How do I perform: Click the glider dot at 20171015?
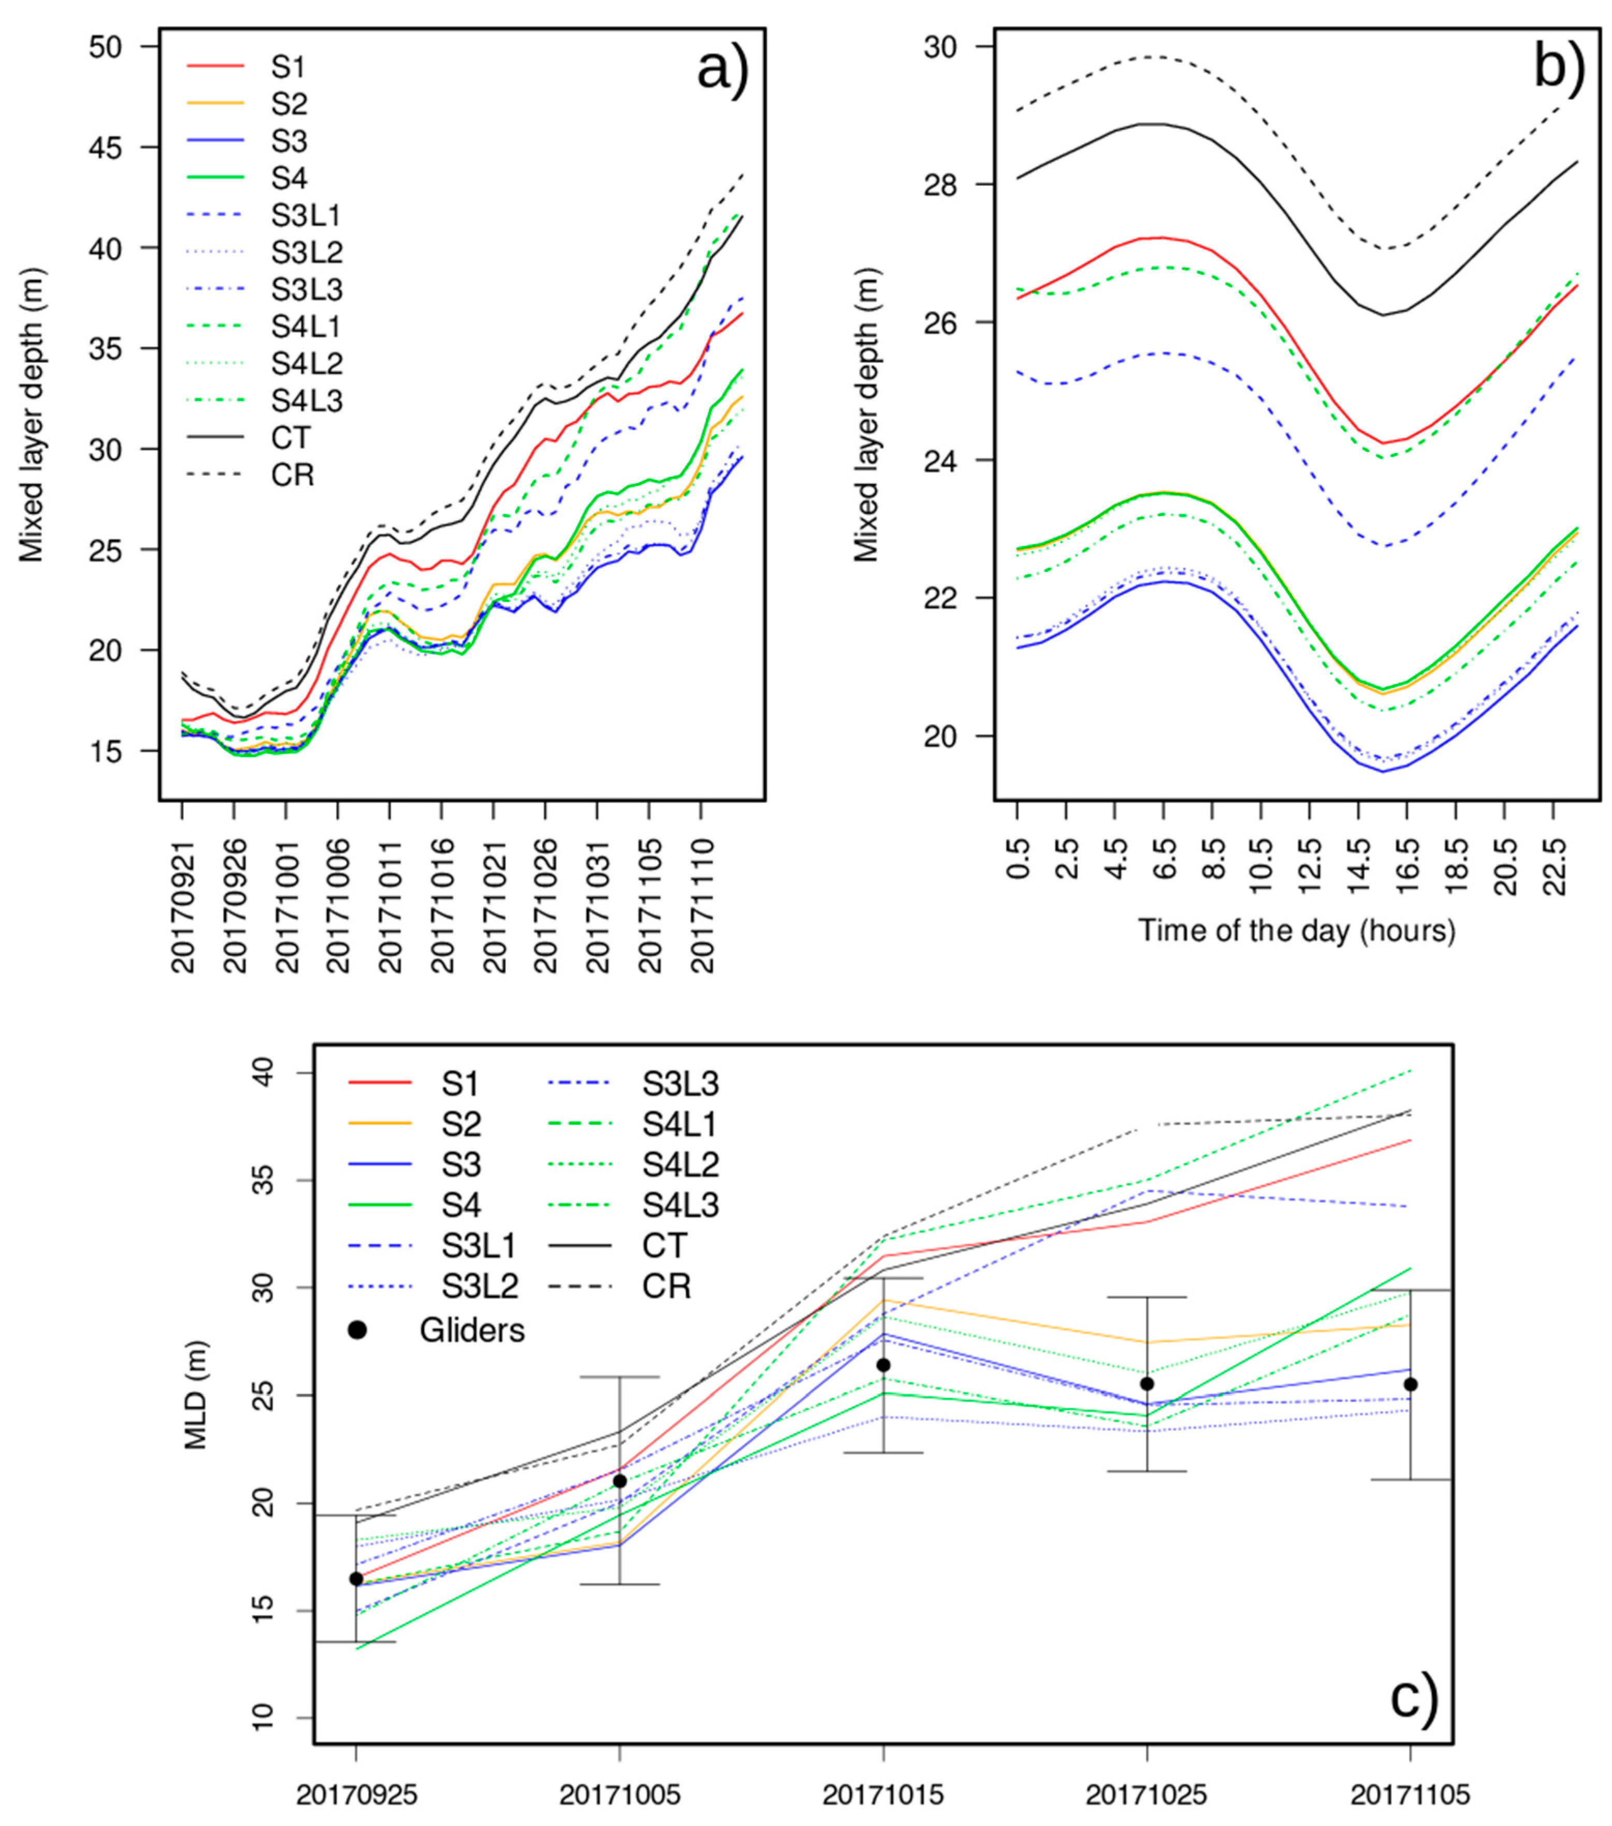coord(883,1365)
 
